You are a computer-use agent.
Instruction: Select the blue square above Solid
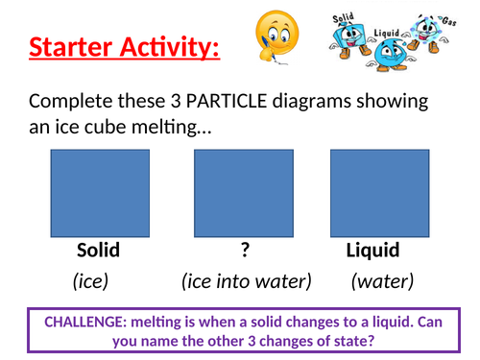98,190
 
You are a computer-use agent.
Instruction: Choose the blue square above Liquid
373,190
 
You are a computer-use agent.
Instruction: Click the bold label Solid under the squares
98,251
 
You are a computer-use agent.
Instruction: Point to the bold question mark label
245,251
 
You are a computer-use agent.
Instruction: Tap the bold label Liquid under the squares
372,251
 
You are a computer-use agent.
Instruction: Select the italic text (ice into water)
246,281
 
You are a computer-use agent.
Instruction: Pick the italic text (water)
381,281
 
